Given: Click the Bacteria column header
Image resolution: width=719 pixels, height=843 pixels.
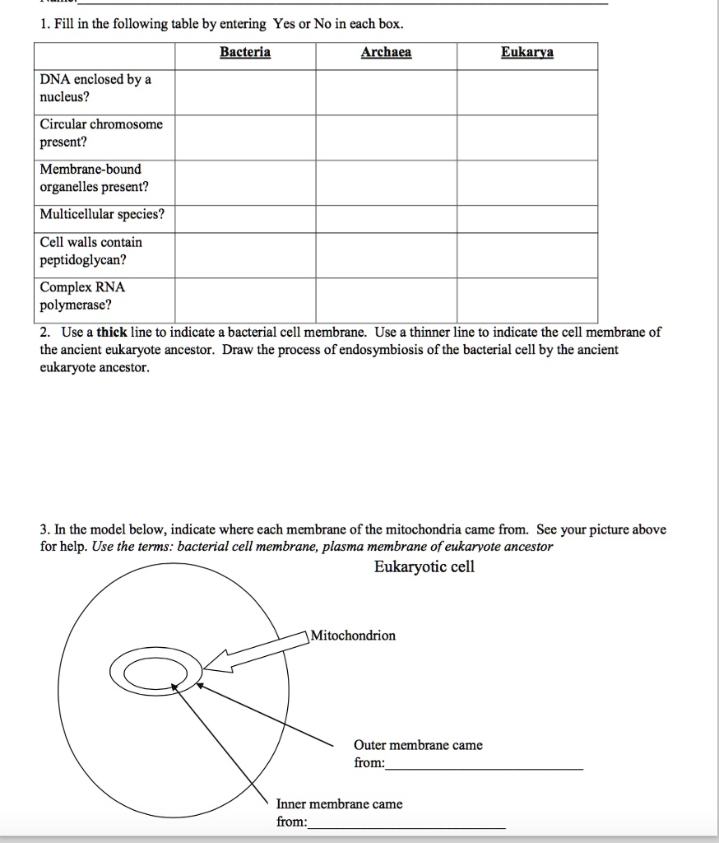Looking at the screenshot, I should coord(245,53).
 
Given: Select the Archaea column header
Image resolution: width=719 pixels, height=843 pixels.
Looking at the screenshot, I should coord(386,53).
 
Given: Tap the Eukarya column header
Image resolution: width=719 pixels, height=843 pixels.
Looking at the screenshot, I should coord(527,53).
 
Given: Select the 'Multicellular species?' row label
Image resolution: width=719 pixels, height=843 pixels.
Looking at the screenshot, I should coord(102,215).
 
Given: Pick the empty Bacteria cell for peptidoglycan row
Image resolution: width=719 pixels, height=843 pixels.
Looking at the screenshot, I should coord(245,255).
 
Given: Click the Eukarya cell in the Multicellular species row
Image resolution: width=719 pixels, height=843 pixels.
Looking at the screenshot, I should coord(527,219).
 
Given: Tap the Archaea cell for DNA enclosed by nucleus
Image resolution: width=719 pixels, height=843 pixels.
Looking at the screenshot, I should coord(386,92).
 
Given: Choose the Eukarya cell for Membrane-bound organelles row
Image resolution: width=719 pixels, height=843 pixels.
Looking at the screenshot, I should coord(527,182).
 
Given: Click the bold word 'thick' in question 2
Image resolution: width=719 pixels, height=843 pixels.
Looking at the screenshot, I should coord(111,333).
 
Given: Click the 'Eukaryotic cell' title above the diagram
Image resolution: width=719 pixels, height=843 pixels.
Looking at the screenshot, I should coord(424,567).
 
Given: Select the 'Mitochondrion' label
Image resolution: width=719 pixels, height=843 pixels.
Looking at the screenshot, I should coord(353,636).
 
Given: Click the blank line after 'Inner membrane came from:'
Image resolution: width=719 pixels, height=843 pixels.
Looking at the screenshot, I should coord(406,826).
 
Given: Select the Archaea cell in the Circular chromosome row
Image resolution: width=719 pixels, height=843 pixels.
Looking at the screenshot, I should coord(386,137).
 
